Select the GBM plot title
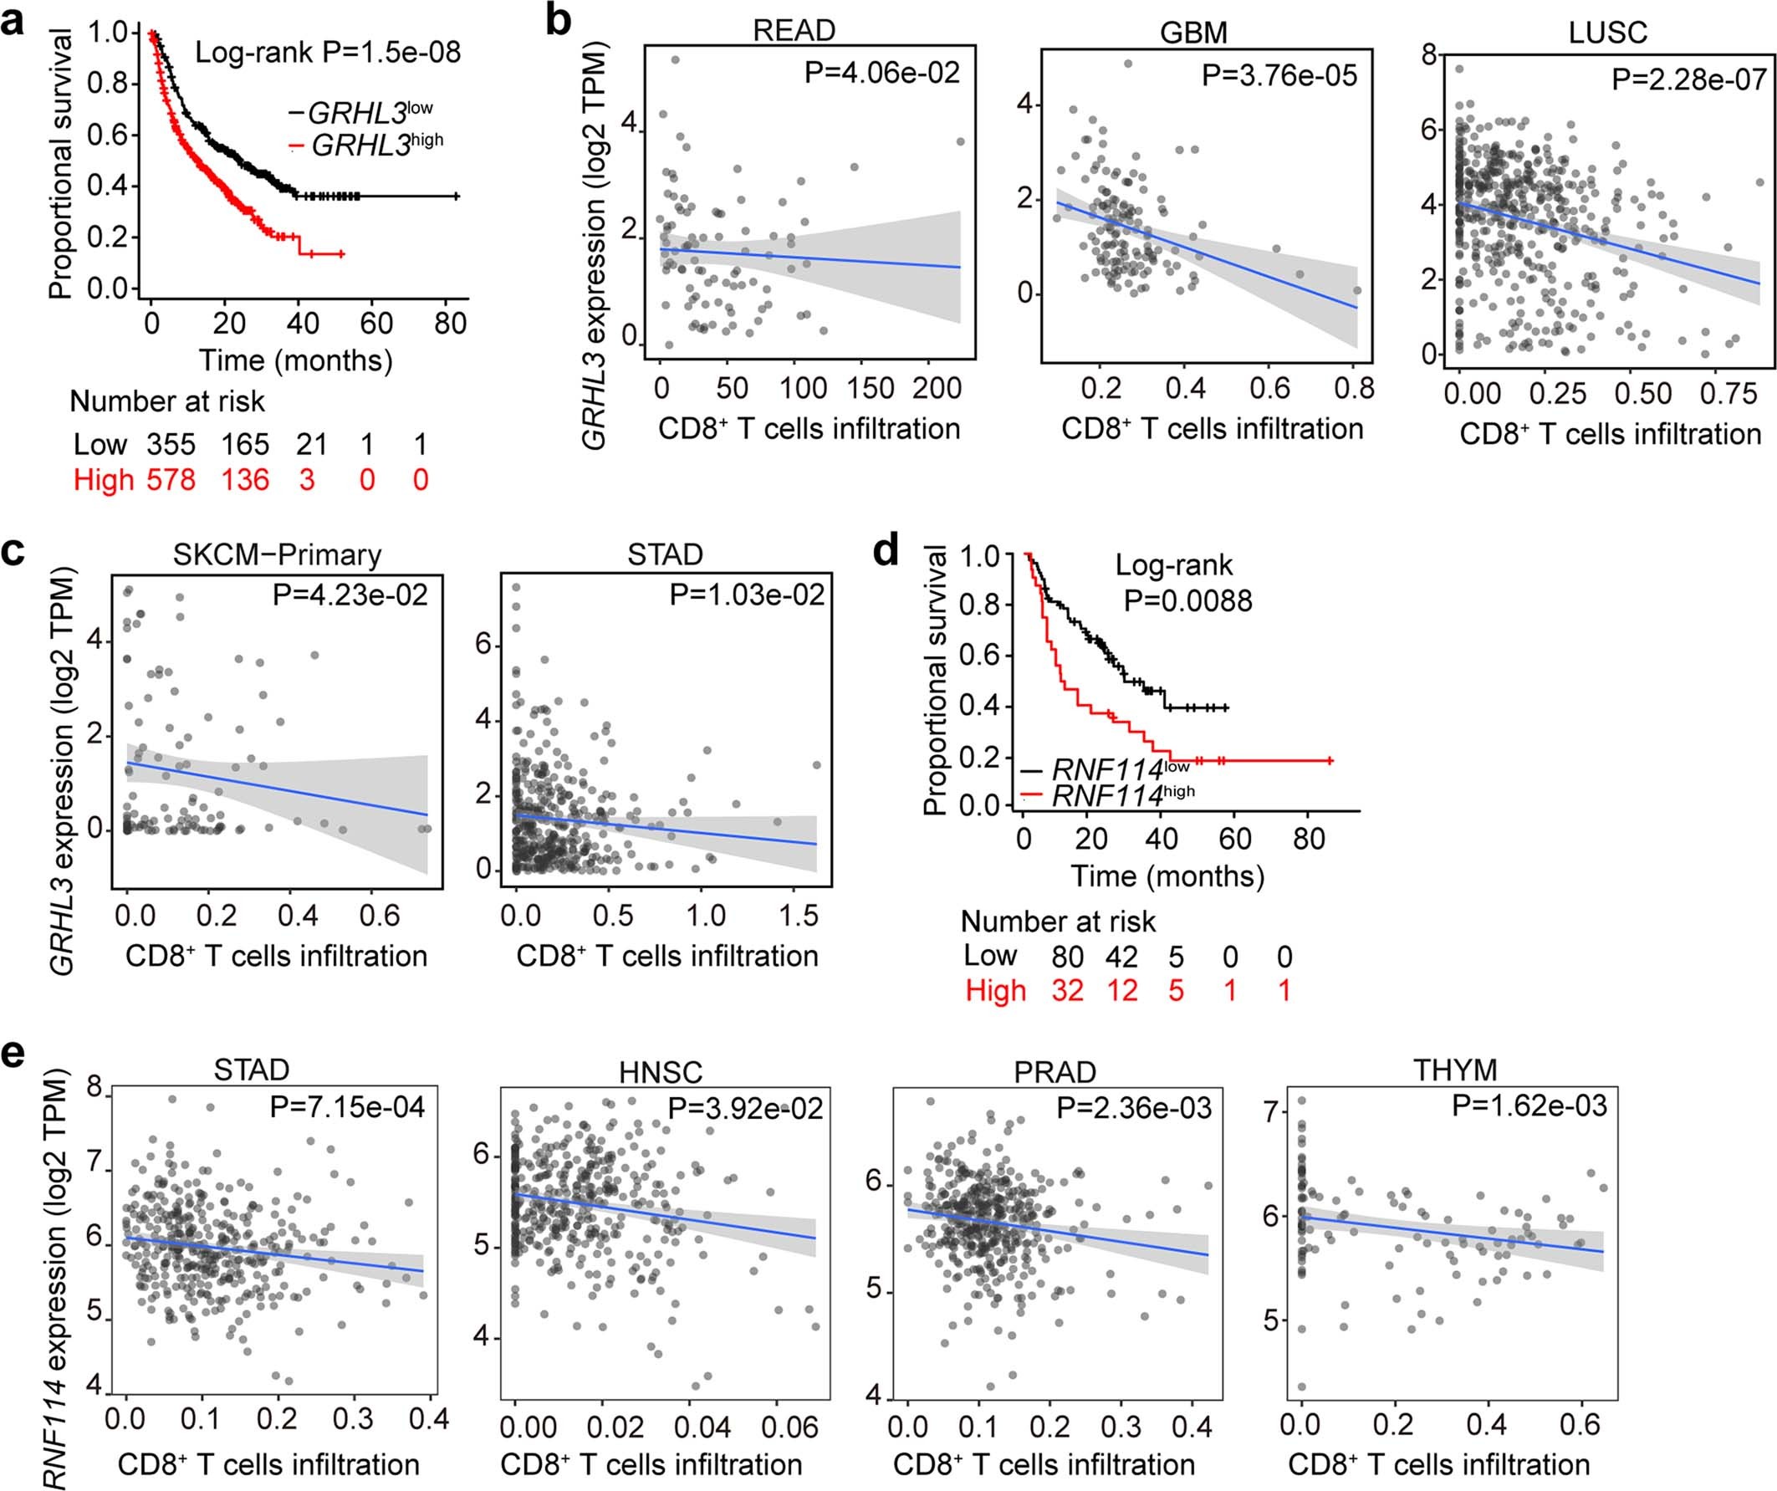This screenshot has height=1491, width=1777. [1193, 32]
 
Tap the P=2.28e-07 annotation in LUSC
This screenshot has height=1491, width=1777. [1688, 79]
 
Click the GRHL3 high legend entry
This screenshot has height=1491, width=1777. [375, 146]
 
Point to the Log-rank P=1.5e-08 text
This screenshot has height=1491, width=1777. [329, 53]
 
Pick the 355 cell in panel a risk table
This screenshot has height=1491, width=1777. [171, 444]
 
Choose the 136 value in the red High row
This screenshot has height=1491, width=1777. [244, 480]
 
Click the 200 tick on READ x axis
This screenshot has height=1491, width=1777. [937, 388]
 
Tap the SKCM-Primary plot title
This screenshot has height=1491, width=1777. [277, 554]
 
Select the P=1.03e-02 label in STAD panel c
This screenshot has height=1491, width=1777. [746, 595]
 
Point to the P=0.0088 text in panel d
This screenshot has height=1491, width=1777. [1187, 600]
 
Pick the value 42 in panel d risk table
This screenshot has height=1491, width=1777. [1122, 956]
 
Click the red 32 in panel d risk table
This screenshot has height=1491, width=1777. [1067, 990]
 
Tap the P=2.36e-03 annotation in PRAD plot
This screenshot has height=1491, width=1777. [1134, 1108]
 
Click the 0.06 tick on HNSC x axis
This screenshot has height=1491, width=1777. [789, 1427]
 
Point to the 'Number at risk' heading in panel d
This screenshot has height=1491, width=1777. [1058, 921]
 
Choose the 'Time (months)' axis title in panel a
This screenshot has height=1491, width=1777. [295, 360]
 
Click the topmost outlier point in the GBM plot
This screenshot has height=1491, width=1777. [1128, 64]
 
